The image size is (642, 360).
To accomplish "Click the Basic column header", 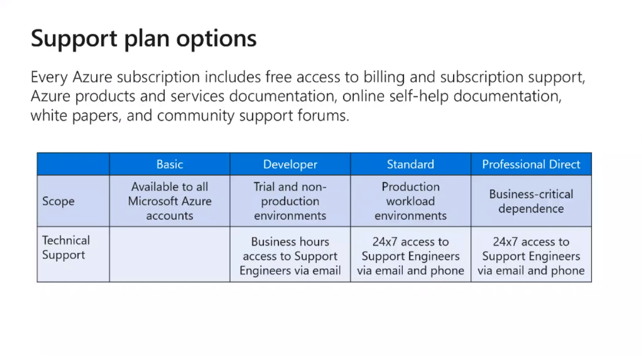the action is click(x=169, y=164).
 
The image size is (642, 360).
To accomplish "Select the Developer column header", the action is click(x=290, y=164).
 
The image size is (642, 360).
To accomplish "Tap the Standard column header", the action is click(x=410, y=164).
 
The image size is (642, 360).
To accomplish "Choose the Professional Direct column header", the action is click(x=531, y=164).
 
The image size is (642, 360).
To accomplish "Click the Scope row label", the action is click(x=58, y=201).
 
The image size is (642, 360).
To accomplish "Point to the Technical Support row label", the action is click(x=66, y=248).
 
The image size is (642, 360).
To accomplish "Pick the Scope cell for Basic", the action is click(x=169, y=201).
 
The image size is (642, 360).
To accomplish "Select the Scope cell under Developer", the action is click(x=290, y=201).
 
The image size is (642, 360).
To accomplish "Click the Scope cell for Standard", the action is click(x=410, y=201).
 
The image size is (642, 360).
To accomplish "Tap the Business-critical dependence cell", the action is click(x=531, y=201).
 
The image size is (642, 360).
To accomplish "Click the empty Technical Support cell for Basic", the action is click(x=169, y=254).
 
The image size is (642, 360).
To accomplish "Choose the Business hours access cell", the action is click(x=290, y=256).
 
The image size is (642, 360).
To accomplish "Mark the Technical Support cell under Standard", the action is click(x=410, y=256).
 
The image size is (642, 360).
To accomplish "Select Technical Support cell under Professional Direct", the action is click(x=531, y=256).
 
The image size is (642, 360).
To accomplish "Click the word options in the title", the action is click(x=216, y=39).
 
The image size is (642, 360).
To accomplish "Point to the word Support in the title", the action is click(x=74, y=39).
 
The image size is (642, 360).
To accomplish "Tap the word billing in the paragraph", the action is click(x=384, y=77).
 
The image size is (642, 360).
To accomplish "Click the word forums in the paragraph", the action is click(x=323, y=115).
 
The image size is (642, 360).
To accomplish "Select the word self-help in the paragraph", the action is click(x=419, y=96).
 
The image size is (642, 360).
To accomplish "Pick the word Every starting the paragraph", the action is click(x=49, y=77).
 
